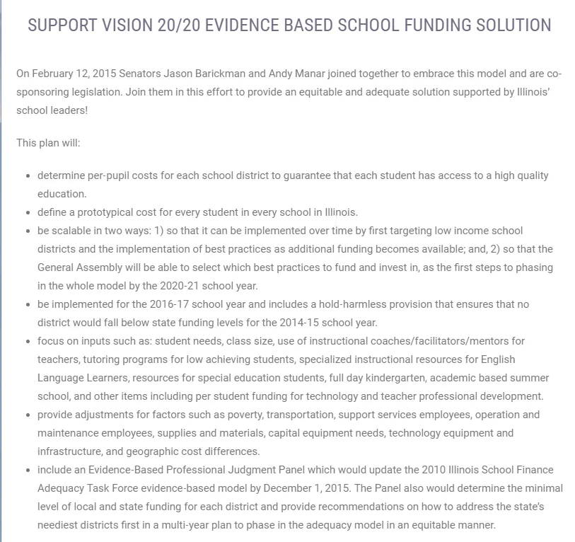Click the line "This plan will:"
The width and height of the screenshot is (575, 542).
(x=48, y=143)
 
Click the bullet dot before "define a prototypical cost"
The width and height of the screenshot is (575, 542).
(x=28, y=212)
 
